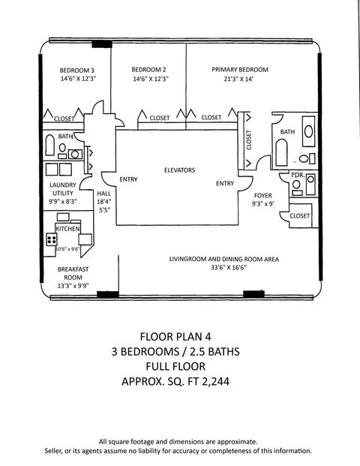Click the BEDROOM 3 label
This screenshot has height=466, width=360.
click(77, 70)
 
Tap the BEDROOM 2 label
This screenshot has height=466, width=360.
click(149, 70)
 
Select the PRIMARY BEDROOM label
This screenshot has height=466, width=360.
click(240, 70)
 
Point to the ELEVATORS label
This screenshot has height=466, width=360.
click(179, 170)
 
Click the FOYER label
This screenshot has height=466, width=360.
click(262, 194)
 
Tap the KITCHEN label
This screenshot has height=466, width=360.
click(67, 227)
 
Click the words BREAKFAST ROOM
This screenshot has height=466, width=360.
click(73, 272)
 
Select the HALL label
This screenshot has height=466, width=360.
click(103, 193)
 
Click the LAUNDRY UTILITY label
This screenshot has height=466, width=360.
click(63, 188)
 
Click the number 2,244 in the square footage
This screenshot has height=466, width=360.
click(212, 381)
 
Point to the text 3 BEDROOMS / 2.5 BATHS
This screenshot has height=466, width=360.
click(180, 351)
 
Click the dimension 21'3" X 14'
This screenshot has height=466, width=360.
click(240, 79)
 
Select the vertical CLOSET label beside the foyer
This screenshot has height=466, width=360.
click(249, 138)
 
